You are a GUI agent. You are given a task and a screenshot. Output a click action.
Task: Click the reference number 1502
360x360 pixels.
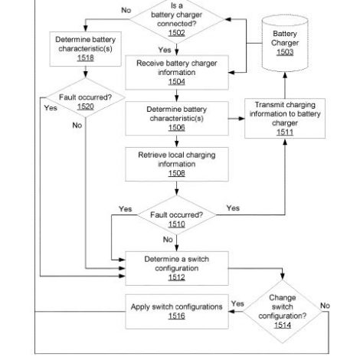click(176, 33)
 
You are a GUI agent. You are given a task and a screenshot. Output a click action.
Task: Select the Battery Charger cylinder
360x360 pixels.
click(285, 43)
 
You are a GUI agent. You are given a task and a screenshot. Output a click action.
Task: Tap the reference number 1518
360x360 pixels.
click(86, 57)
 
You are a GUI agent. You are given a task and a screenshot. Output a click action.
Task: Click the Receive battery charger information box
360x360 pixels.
click(177, 73)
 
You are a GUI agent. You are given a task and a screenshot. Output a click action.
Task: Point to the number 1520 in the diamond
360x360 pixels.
click(86, 106)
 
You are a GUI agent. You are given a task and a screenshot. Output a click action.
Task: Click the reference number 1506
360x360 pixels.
click(176, 127)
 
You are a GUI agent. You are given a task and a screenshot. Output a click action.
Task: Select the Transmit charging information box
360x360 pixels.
click(285, 119)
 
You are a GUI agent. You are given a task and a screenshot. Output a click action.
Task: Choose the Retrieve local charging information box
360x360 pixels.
click(177, 164)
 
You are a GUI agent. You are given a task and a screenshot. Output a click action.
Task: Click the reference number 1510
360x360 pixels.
click(176, 224)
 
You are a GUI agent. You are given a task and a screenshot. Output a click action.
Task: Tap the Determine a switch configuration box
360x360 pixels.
click(177, 268)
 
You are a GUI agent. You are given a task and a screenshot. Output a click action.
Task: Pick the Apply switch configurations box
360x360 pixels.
click(177, 312)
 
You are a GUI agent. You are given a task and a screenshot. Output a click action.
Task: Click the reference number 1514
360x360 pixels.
click(283, 325)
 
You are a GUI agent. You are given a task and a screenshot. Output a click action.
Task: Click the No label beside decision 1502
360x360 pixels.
click(126, 10)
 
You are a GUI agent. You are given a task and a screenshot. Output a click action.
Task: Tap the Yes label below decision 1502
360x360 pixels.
click(165, 50)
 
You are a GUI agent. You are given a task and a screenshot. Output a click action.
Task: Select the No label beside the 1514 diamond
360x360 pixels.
click(325, 306)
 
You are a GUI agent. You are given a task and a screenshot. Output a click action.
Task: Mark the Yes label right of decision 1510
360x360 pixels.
click(233, 208)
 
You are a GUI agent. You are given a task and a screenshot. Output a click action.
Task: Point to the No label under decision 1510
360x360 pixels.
click(168, 240)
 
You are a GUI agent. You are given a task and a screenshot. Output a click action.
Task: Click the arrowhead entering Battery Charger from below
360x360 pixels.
click(285, 75)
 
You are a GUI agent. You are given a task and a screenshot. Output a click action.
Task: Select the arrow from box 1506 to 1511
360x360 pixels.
click(237, 119)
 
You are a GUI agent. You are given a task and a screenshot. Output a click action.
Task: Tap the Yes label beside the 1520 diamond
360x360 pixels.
click(51, 108)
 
